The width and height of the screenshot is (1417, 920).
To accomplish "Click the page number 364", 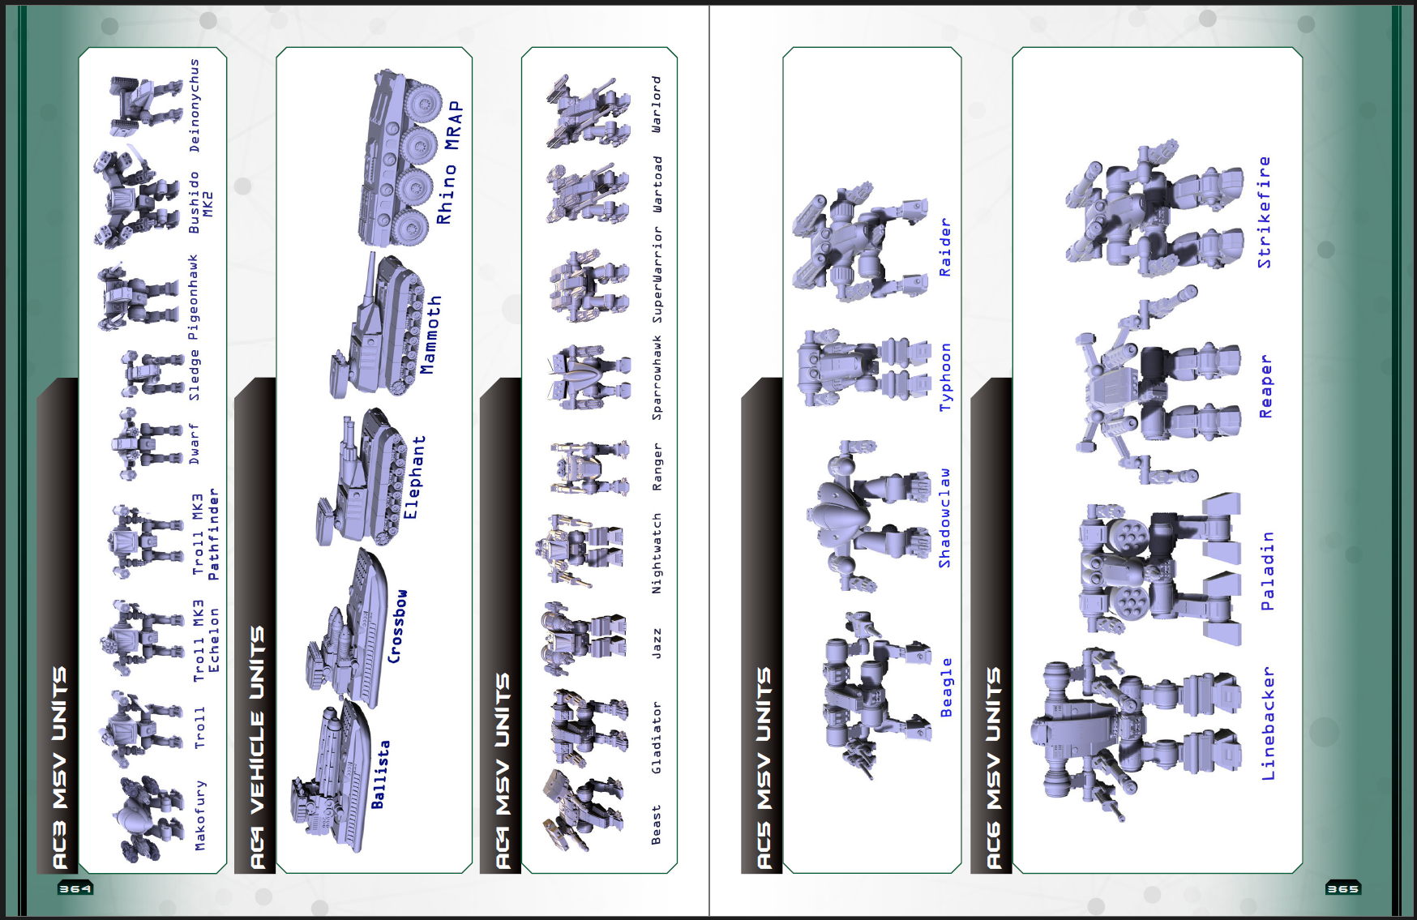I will (x=75, y=888).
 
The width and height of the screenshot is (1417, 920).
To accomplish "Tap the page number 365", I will (x=1342, y=888).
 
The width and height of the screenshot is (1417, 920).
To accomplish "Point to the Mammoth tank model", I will (x=377, y=328).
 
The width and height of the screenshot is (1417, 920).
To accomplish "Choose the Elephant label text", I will (x=413, y=477).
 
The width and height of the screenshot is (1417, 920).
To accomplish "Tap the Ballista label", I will (x=379, y=774).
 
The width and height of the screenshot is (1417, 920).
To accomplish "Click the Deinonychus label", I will (x=195, y=105).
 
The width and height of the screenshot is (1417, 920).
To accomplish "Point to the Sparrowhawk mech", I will (x=588, y=377).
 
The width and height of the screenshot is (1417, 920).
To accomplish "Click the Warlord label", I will (x=657, y=105).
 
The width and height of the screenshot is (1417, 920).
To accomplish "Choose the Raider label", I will (x=944, y=247).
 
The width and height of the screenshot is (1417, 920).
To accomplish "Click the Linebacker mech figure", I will (x=1135, y=730).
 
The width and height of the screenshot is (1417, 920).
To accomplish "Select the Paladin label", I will (x=1267, y=571).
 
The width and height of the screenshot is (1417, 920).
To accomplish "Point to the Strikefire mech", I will (x=1155, y=211).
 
